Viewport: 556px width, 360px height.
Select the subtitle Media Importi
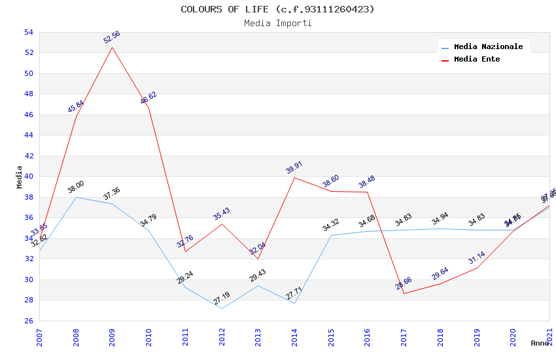pyautogui.click(x=277, y=23)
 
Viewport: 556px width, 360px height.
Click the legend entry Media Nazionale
pyautogui.click(x=488, y=47)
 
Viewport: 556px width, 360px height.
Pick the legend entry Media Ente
pyautogui.click(x=477, y=60)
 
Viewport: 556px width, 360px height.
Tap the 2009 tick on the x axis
pyautogui.click(x=113, y=338)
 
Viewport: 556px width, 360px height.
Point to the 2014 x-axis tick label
pyautogui.click(x=295, y=338)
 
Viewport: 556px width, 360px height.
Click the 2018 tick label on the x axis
pyautogui.click(x=441, y=338)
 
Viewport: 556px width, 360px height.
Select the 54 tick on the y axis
pyautogui.click(x=29, y=32)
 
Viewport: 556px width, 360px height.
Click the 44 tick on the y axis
pyautogui.click(x=29, y=135)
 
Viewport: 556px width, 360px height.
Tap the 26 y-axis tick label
pyautogui.click(x=29, y=321)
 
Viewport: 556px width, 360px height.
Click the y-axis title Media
pyautogui.click(x=20, y=177)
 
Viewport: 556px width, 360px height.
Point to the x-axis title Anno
pyautogui.click(x=540, y=343)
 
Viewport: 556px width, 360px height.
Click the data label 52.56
pyautogui.click(x=113, y=37)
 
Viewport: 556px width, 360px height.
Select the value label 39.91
pyautogui.click(x=294, y=168)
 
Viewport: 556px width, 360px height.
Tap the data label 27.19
pyautogui.click(x=222, y=298)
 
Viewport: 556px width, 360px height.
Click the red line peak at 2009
pyautogui.click(x=113, y=47)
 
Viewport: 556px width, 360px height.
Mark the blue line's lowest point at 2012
pyautogui.click(x=222, y=308)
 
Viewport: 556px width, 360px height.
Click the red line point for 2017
pyautogui.click(x=404, y=293)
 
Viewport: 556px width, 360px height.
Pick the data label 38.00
pyautogui.click(x=76, y=187)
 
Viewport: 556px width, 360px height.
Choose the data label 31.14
pyautogui.click(x=477, y=258)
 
